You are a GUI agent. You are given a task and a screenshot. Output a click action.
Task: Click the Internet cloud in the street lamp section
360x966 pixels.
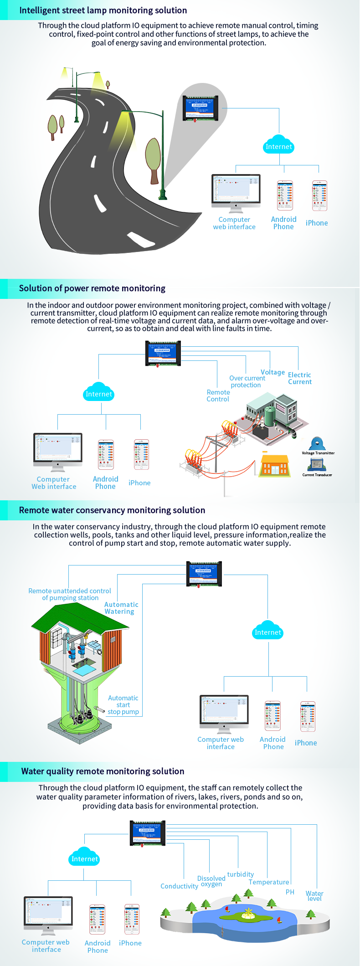279,145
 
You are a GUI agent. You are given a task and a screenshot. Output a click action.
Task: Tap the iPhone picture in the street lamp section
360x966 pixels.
319,196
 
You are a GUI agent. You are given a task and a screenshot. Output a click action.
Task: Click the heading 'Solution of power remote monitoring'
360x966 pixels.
92,288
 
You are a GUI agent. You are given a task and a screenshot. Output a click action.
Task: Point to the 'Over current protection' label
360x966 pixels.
247,381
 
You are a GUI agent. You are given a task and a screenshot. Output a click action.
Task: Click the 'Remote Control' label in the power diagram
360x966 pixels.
218,396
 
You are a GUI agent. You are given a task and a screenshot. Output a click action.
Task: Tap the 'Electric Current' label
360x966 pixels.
299,378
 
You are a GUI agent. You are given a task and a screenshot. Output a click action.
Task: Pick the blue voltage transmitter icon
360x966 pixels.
317,443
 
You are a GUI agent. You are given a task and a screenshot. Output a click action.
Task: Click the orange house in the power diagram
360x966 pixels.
275,466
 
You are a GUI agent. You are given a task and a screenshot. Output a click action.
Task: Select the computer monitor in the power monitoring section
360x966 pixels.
58,450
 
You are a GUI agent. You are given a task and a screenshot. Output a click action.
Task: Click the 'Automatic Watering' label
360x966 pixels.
121,608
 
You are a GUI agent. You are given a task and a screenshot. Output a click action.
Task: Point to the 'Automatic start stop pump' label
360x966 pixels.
123,705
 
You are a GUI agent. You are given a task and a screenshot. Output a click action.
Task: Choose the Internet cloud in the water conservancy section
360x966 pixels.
268,631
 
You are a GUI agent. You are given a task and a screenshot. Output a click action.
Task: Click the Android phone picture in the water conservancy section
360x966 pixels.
273,716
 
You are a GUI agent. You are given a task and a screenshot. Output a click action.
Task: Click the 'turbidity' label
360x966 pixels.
241,874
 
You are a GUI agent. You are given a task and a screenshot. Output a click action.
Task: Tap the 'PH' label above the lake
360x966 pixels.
290,892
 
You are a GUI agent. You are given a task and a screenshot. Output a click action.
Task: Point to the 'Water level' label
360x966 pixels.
314,896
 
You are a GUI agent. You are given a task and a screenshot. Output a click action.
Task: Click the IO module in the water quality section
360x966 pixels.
148,833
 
